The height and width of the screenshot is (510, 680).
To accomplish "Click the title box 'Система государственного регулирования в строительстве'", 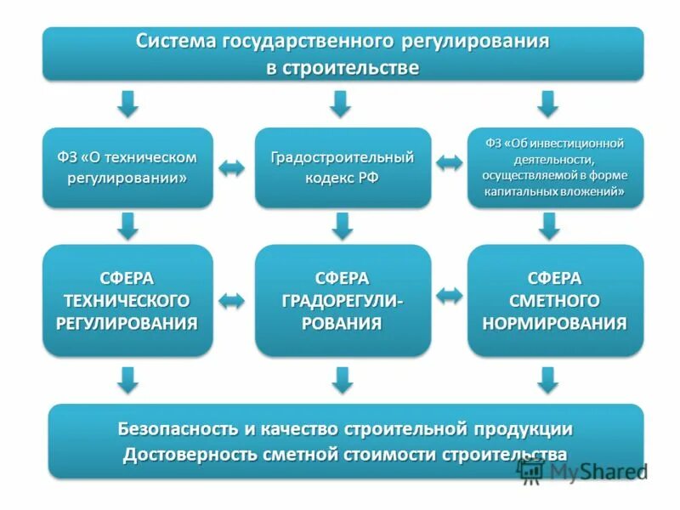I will (x=343, y=54).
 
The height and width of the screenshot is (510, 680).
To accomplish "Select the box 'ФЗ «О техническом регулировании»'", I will (x=127, y=167).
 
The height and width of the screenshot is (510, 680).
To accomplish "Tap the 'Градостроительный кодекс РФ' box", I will (x=343, y=167).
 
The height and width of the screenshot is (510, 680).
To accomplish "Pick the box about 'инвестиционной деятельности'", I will (x=554, y=167).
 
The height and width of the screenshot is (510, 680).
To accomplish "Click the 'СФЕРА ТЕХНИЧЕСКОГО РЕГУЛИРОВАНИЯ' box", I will (x=127, y=300).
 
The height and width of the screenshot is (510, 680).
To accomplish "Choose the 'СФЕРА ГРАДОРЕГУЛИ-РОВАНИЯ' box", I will (x=343, y=300).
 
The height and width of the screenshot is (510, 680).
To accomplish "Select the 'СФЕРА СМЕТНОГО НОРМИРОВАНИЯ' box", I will (x=554, y=300).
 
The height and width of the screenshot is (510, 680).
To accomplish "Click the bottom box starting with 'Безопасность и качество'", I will (x=344, y=440).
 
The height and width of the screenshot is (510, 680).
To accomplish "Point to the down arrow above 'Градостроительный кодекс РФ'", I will (x=340, y=104).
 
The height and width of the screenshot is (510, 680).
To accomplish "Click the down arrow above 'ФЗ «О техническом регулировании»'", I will (x=127, y=104).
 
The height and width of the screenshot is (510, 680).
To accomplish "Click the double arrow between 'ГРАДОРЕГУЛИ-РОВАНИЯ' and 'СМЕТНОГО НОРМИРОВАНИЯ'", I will (x=449, y=295).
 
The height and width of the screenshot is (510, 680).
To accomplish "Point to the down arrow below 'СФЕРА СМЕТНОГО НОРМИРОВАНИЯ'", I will (x=548, y=379).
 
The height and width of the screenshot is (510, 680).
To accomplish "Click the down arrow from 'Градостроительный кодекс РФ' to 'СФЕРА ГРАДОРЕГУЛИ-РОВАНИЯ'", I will (x=342, y=225).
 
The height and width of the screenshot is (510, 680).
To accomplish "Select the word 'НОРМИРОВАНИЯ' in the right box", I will (x=555, y=323).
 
